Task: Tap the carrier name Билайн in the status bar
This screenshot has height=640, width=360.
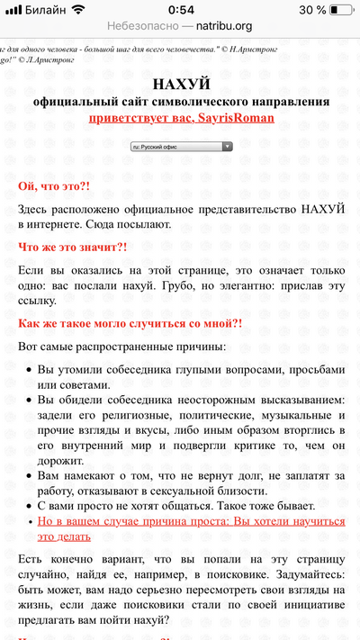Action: click(x=44, y=9)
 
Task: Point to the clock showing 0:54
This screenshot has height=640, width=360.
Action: click(x=180, y=9)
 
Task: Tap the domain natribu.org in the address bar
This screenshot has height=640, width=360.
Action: click(x=223, y=26)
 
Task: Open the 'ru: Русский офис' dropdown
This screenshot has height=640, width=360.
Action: click(x=182, y=145)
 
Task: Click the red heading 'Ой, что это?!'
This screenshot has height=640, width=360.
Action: click(x=54, y=186)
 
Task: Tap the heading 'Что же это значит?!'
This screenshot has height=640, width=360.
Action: click(x=73, y=245)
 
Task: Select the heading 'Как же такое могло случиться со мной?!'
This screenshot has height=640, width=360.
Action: click(x=130, y=323)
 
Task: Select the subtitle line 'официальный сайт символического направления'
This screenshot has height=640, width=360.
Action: click(x=181, y=101)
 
